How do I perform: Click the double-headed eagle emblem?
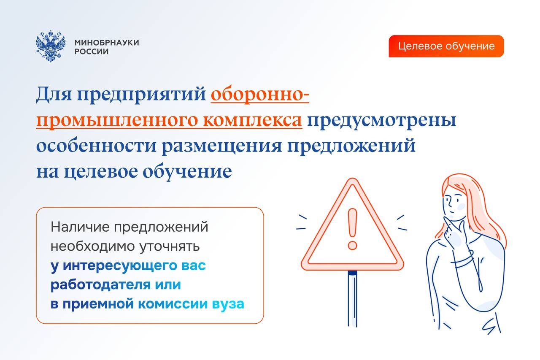click(x=51, y=46)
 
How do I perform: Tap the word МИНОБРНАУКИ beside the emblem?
click(x=107, y=43)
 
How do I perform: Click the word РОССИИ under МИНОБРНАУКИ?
click(x=92, y=51)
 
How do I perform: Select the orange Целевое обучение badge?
click(x=446, y=46)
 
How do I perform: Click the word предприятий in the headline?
click(x=141, y=95)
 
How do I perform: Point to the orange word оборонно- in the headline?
click(x=260, y=94)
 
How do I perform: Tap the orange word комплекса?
click(x=252, y=119)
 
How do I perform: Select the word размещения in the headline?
click(x=221, y=146)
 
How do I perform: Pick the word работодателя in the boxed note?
click(x=100, y=285)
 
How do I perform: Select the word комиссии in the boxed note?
click(x=173, y=304)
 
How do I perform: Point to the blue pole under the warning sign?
click(x=352, y=299)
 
